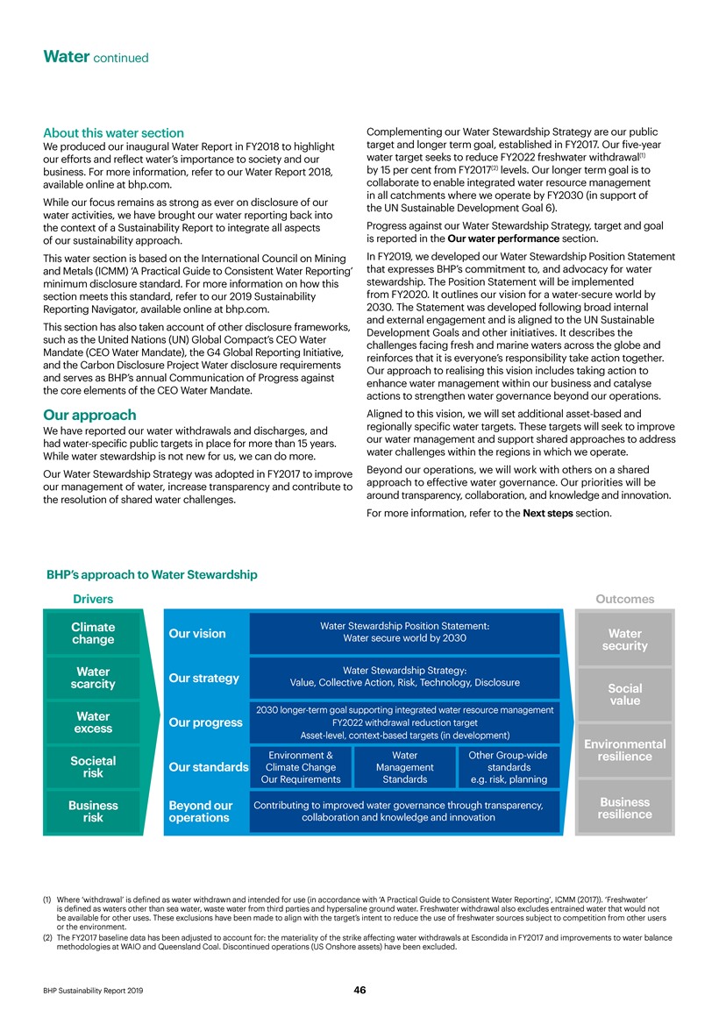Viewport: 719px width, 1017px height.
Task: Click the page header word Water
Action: pos(67,57)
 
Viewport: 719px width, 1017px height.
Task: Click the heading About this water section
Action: pos(114,133)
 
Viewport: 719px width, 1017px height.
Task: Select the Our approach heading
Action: pos(90,415)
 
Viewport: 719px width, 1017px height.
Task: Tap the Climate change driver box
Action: pos(93,634)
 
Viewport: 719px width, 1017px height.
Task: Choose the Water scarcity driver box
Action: pos(93,678)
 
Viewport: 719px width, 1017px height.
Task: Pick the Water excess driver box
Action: pos(93,722)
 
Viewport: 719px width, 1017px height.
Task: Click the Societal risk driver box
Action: pos(93,767)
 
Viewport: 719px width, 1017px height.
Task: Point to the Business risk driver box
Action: pos(93,811)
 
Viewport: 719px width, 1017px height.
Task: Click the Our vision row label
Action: pos(196,634)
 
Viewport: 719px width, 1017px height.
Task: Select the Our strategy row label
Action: pos(203,679)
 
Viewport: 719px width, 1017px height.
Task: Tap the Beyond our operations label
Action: pos(201,811)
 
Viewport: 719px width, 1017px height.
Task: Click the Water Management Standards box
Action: pos(404,766)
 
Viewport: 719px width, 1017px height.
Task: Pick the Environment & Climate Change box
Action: pos(300,766)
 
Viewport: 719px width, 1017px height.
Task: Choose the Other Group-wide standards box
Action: pos(509,766)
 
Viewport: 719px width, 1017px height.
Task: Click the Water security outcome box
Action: pos(623,639)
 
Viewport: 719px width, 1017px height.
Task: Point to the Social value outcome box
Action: pos(623,694)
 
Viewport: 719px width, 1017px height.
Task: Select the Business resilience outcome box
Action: pos(623,807)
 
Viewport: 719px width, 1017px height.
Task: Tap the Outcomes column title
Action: pos(624,599)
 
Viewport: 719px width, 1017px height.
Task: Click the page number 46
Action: pos(359,990)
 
